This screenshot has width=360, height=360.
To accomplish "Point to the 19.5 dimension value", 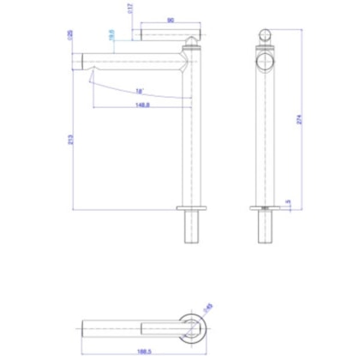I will [111, 35].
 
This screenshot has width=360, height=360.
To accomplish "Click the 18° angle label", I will [139, 92].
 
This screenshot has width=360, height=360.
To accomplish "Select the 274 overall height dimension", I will [301, 121].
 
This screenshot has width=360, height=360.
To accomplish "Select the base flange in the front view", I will [265, 207].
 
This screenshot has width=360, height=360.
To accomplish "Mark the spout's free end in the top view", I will [85, 326].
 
